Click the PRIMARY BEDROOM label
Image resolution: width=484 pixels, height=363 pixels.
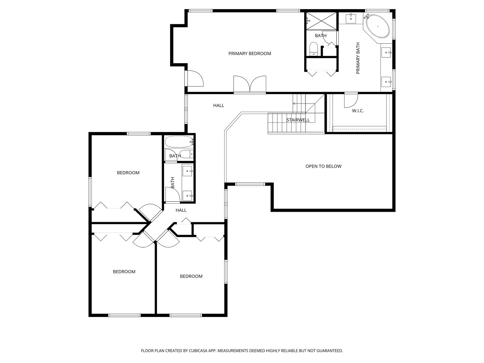pyautogui.click(x=250, y=53)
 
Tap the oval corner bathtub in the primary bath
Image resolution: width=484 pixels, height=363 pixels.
pyautogui.click(x=377, y=26)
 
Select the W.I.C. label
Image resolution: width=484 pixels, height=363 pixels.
pyautogui.click(x=358, y=111)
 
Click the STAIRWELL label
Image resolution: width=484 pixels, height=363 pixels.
pyautogui.click(x=298, y=120)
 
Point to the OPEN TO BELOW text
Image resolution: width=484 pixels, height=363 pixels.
pyautogui.click(x=323, y=166)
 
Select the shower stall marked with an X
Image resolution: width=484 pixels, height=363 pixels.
pyautogui.click(x=321, y=21)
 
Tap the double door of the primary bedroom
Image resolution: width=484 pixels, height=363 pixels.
pyautogui.click(x=250, y=84)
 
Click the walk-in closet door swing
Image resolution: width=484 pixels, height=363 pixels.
pyautogui.click(x=351, y=101)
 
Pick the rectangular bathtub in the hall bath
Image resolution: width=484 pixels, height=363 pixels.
pyautogui.click(x=179, y=142)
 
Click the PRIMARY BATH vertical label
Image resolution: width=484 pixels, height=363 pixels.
pyautogui.click(x=358, y=58)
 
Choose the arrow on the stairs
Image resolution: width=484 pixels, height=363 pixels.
pyautogui.click(x=299, y=104)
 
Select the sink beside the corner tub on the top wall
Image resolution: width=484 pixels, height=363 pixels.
pyautogui.click(x=351, y=18)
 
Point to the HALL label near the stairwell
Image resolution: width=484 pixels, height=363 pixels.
pyautogui.click(x=218, y=106)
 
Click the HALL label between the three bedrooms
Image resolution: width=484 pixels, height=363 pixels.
pyautogui.click(x=181, y=210)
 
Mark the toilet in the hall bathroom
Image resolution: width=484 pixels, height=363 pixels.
pyautogui.click(x=186, y=154)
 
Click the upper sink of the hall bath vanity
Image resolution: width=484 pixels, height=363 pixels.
pyautogui.click(x=188, y=171)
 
